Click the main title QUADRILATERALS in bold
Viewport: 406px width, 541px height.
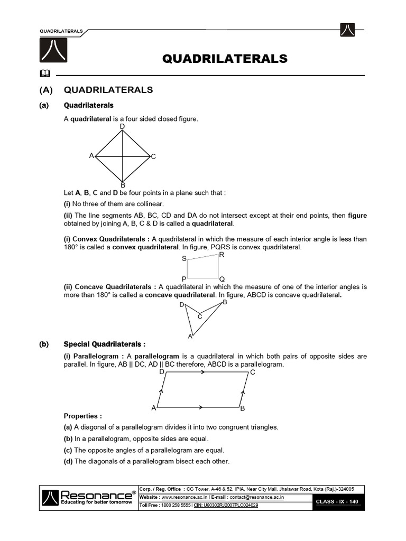click(225, 58)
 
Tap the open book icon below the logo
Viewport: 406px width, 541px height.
click(44, 73)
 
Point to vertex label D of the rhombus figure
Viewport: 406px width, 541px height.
click(122, 127)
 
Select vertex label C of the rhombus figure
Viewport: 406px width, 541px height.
click(153, 156)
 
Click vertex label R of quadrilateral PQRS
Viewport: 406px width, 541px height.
click(222, 255)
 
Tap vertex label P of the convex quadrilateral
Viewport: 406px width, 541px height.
click(184, 279)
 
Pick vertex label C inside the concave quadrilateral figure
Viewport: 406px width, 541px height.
click(200, 316)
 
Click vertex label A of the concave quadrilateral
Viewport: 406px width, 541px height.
click(190, 336)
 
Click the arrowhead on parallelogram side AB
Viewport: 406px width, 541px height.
click(201, 407)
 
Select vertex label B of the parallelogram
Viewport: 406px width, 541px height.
click(242, 408)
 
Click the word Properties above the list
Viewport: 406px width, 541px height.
click(83, 416)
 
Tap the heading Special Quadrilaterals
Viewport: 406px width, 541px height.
click(105, 344)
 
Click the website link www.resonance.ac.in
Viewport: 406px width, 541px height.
click(184, 497)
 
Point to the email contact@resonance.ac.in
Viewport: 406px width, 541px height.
click(257, 497)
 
